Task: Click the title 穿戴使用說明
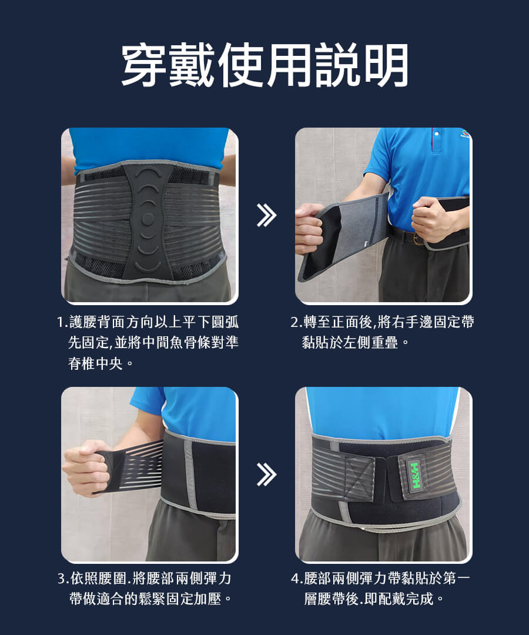coord(264,65)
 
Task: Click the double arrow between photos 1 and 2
coord(266,215)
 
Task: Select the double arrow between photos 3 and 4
coord(266,474)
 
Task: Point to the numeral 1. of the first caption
coord(62,323)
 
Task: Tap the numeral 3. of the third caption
coord(63,579)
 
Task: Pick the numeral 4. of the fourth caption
coord(297,579)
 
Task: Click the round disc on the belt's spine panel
coord(148,219)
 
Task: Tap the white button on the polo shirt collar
coord(436,133)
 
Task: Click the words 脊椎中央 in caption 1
coord(95,363)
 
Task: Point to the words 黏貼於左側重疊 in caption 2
coord(350,343)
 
